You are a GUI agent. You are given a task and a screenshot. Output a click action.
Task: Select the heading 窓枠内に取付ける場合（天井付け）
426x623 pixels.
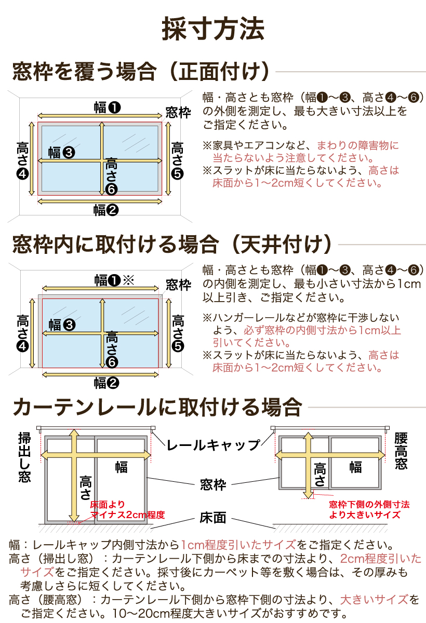click(x=172, y=243)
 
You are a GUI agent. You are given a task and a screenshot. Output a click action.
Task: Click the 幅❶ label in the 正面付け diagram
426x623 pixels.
click(x=107, y=107)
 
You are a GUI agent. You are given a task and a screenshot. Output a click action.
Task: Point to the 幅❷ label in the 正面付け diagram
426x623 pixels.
click(x=106, y=210)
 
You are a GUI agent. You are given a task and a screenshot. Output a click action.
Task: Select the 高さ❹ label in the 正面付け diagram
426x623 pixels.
click(x=23, y=160)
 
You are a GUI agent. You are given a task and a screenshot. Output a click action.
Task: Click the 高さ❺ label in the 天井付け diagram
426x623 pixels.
click(x=178, y=333)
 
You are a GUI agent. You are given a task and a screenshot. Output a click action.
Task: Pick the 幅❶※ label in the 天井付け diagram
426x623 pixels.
click(x=114, y=281)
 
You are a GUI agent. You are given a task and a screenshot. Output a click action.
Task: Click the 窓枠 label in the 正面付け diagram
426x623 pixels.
click(x=178, y=113)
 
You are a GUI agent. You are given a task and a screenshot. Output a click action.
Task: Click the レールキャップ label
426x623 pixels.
click(x=213, y=445)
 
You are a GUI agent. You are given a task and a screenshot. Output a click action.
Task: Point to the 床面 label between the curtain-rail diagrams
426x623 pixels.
click(x=213, y=518)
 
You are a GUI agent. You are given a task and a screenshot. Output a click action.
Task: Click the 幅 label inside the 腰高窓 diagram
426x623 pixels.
click(x=355, y=467)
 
